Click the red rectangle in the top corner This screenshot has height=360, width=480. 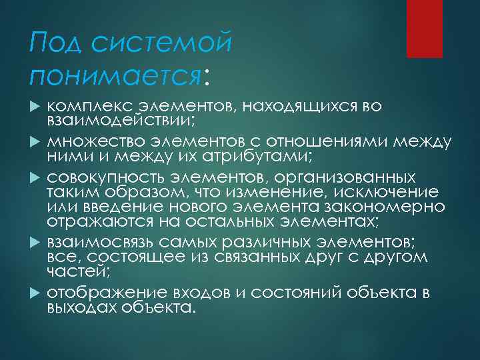tap(425, 29)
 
